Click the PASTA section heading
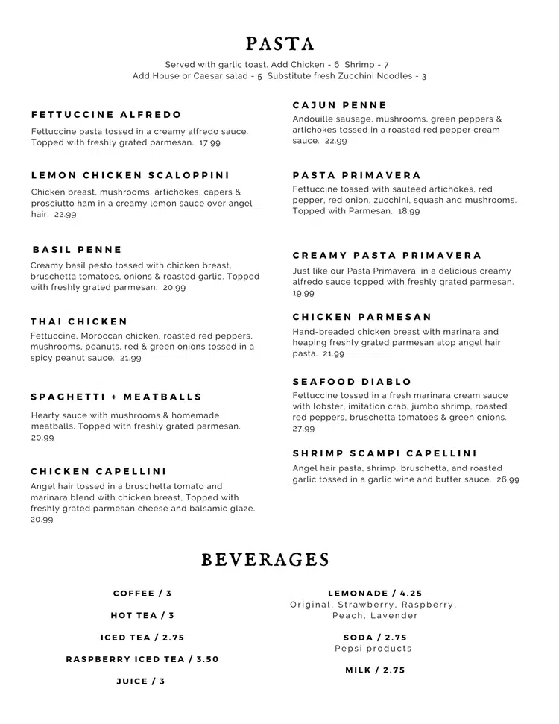279,44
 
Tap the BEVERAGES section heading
265,560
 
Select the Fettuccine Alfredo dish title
107,115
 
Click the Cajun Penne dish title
340,105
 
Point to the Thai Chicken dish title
80,321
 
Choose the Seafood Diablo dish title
352,382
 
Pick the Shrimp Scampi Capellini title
385,453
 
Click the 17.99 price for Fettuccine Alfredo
209,142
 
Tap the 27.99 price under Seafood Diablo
303,429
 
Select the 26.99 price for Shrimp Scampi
508,479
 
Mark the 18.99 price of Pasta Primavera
408,211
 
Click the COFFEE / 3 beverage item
142,594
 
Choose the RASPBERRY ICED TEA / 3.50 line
142,659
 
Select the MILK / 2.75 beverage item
375,670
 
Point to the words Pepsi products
373,649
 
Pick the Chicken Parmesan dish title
362,317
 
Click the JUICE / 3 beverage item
141,681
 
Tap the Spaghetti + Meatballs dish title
117,397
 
